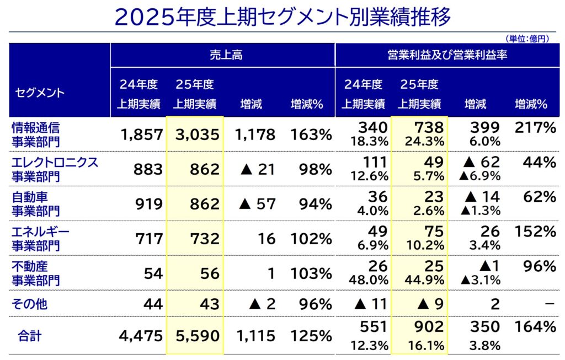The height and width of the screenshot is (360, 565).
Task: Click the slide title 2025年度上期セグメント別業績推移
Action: click(x=282, y=17)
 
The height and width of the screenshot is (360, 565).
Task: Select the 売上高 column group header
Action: click(x=226, y=55)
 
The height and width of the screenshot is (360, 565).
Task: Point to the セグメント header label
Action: click(x=39, y=92)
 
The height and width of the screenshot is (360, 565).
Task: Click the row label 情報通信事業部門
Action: click(x=36, y=134)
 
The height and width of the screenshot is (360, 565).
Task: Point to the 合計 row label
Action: click(x=30, y=335)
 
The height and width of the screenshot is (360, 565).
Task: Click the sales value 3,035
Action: click(x=196, y=134)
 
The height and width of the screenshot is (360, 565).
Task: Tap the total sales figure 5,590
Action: click(x=196, y=335)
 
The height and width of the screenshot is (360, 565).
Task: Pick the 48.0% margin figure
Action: click(x=369, y=280)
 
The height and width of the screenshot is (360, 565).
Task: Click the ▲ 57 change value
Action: click(x=257, y=203)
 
